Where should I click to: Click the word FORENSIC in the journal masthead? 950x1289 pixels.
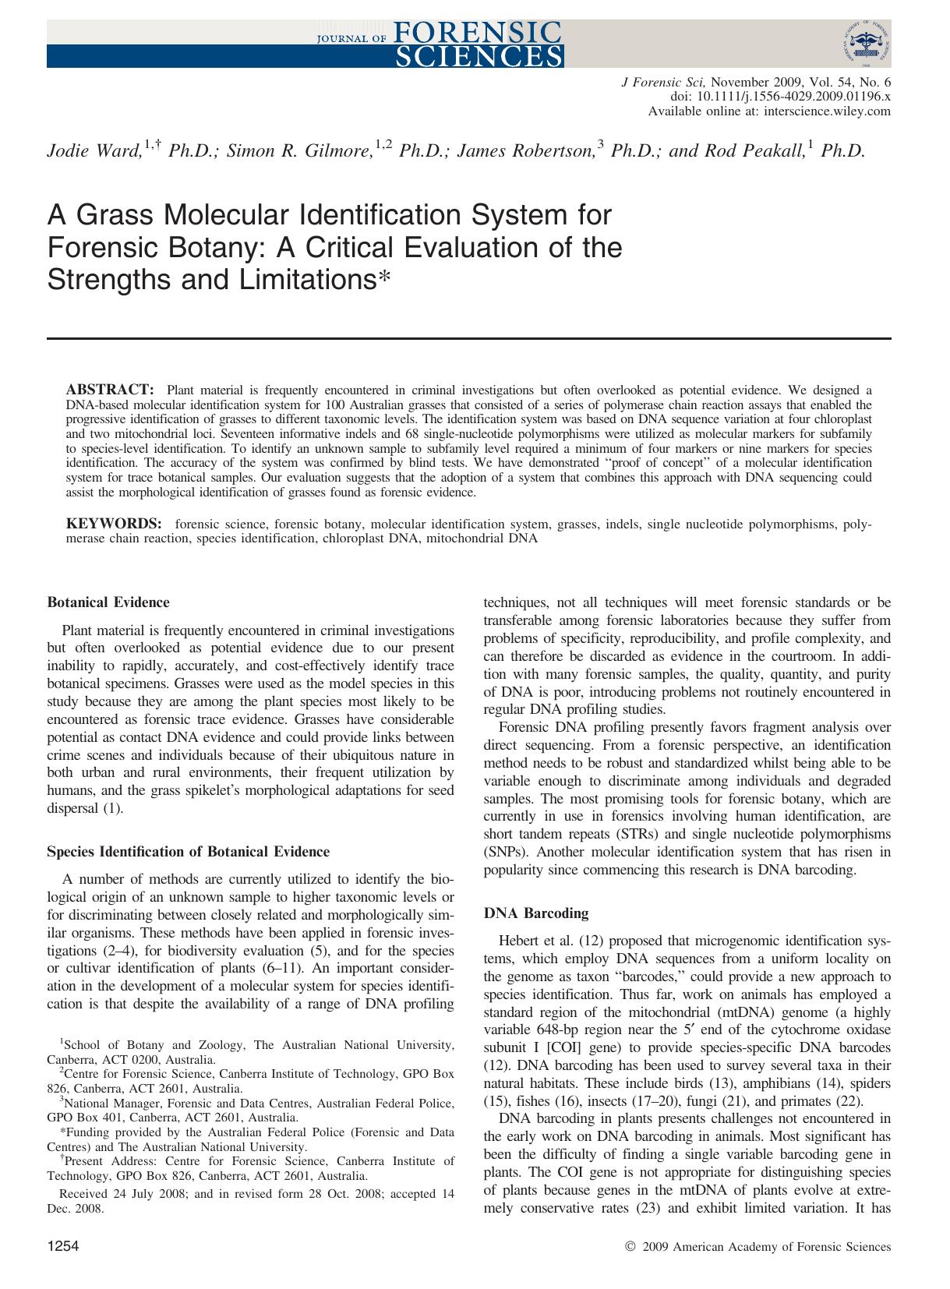[x=478, y=31]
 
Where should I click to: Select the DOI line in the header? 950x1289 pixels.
[x=780, y=97]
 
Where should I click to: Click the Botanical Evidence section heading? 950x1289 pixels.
[x=108, y=602]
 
